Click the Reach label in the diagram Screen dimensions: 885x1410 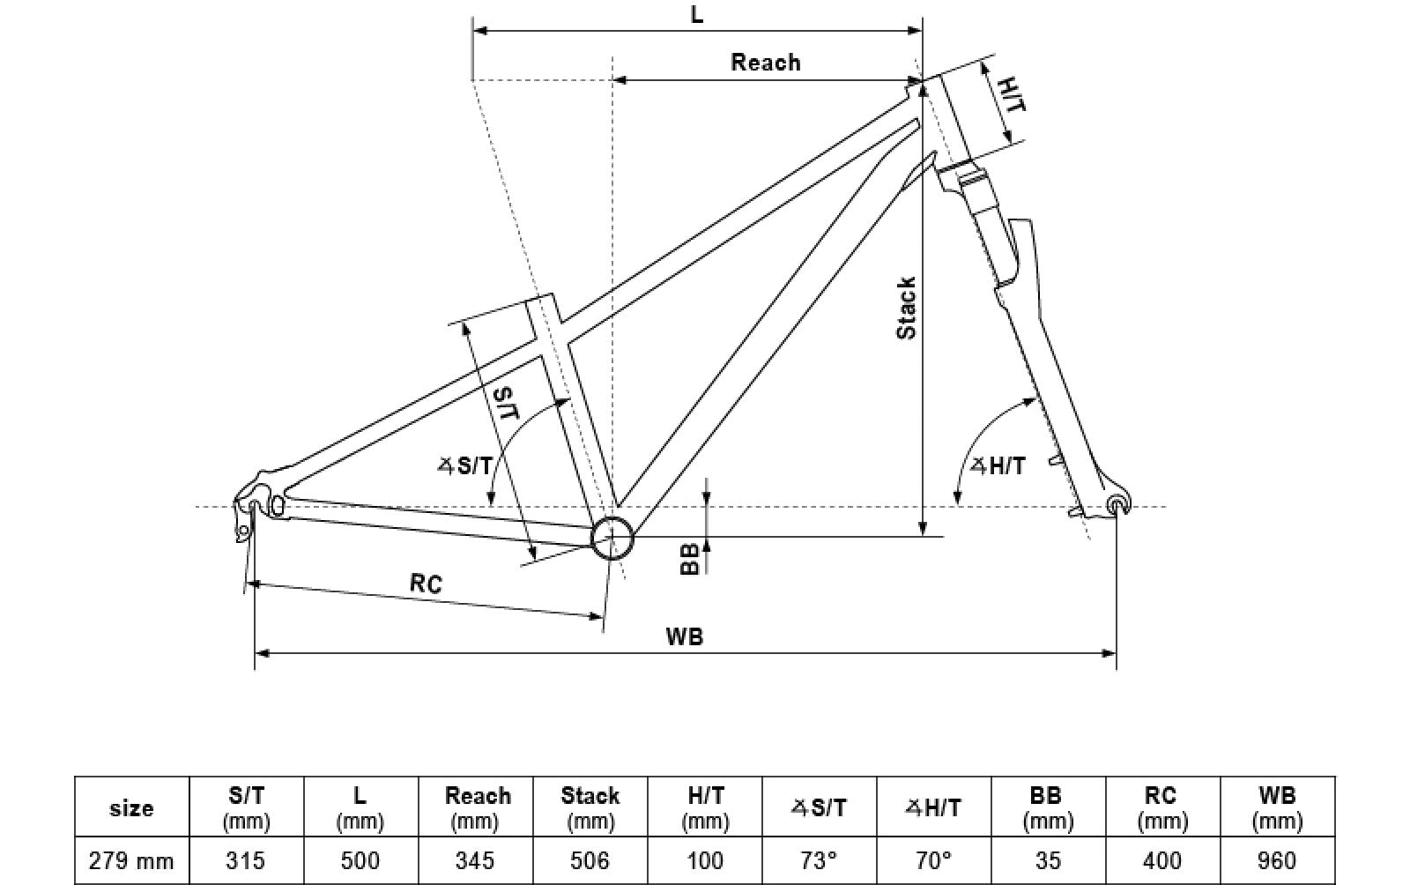(766, 63)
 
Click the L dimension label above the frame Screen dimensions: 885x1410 (696, 15)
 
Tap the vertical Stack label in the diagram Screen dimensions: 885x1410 (906, 308)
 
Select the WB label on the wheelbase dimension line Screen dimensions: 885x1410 (685, 636)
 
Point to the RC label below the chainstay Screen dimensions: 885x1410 (426, 583)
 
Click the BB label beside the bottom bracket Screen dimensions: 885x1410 (691, 558)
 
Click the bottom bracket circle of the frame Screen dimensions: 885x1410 (612, 538)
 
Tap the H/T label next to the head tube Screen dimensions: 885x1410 (1012, 93)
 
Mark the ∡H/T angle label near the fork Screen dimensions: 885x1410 (998, 465)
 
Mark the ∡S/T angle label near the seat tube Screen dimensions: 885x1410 (465, 465)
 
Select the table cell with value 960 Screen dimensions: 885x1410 (1277, 860)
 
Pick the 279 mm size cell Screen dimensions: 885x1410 (131, 860)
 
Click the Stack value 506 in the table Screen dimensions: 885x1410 (590, 860)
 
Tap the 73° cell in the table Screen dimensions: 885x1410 (819, 860)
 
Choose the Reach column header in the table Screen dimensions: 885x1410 (477, 807)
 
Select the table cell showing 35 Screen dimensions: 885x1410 (1048, 860)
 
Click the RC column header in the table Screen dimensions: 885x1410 (1161, 807)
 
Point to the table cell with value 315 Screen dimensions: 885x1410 (247, 860)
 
